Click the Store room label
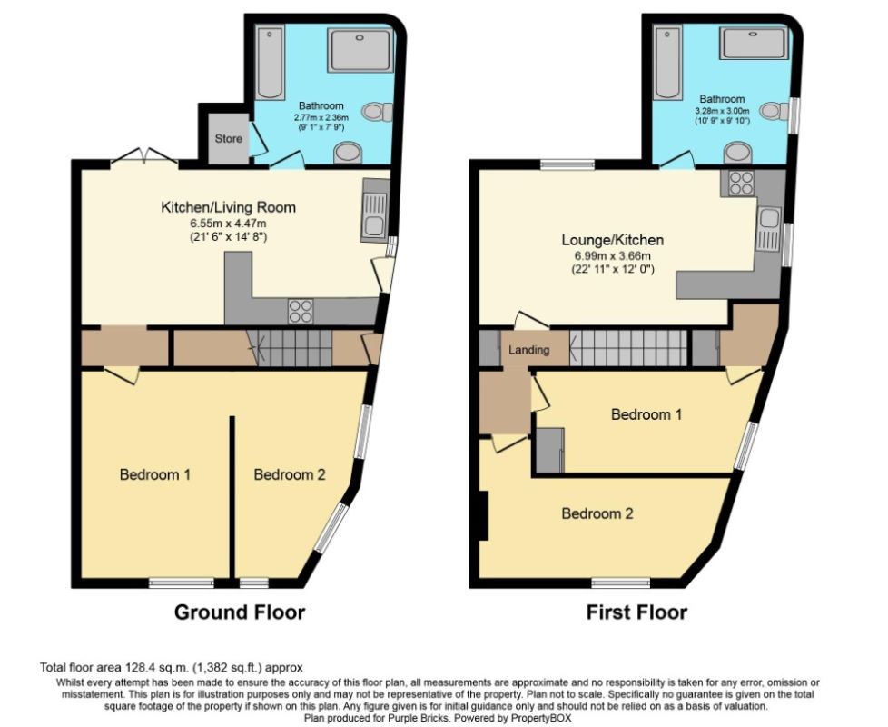coord(228,139)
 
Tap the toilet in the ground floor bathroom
coord(375,112)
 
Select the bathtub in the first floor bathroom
coord(667,63)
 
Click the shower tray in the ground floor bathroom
coord(360,49)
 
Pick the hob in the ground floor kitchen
coord(301,311)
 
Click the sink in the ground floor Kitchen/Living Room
coord(375,218)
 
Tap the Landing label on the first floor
coord(528,350)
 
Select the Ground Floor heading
coord(239,612)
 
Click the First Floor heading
coord(636,612)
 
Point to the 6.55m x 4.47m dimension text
coord(228,223)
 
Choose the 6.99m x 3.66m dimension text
coord(612,255)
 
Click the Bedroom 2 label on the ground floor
coord(289,474)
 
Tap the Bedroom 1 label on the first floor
coord(646,414)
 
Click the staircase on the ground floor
coord(291,348)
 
